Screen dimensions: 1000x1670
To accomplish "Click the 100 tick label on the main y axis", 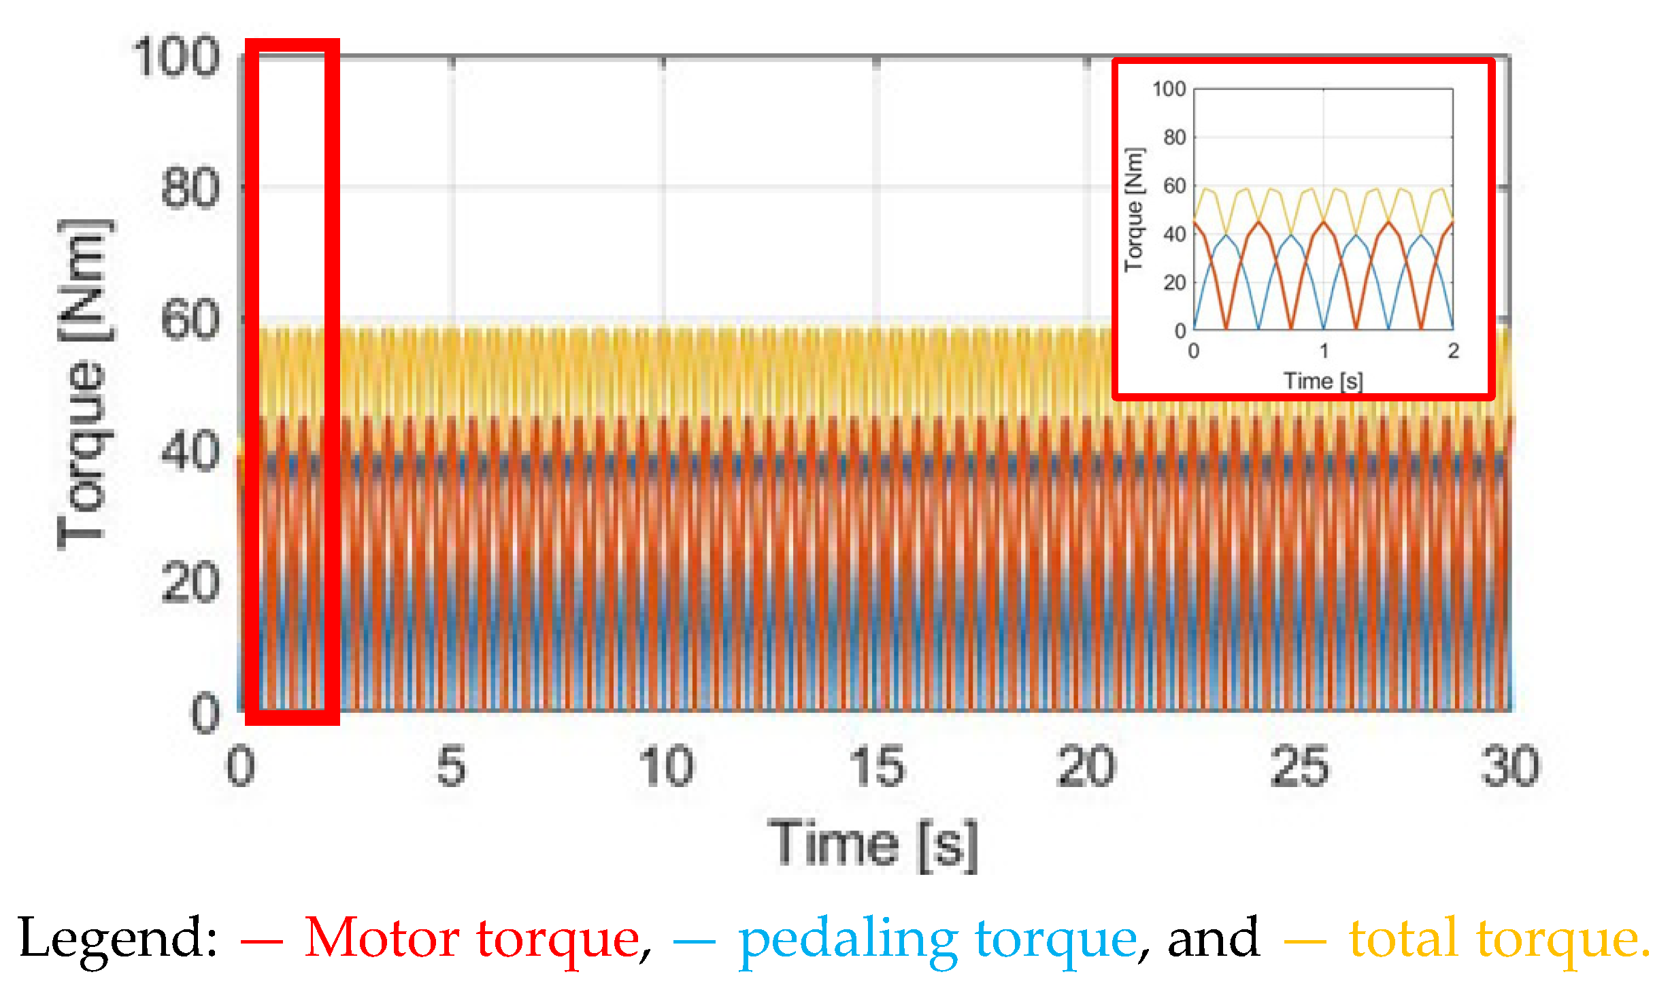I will click(176, 57).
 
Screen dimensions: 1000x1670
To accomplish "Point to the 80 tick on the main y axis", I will click(190, 188).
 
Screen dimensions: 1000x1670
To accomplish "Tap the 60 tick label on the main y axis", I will click(190, 320).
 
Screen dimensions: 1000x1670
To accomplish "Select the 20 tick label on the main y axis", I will click(190, 583).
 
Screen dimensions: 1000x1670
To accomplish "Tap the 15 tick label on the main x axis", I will click(878, 767).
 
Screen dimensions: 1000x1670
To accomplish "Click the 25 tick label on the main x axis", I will click(1299, 767).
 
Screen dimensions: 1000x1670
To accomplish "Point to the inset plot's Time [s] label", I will click(1323, 381).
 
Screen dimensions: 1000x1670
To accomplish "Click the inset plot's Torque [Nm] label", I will click(1134, 210).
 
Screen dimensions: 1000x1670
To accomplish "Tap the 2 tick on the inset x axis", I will click(1453, 351).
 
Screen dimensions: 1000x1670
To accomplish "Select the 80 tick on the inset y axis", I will click(1175, 137).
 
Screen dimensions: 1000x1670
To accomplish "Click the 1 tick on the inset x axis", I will click(1324, 351).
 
